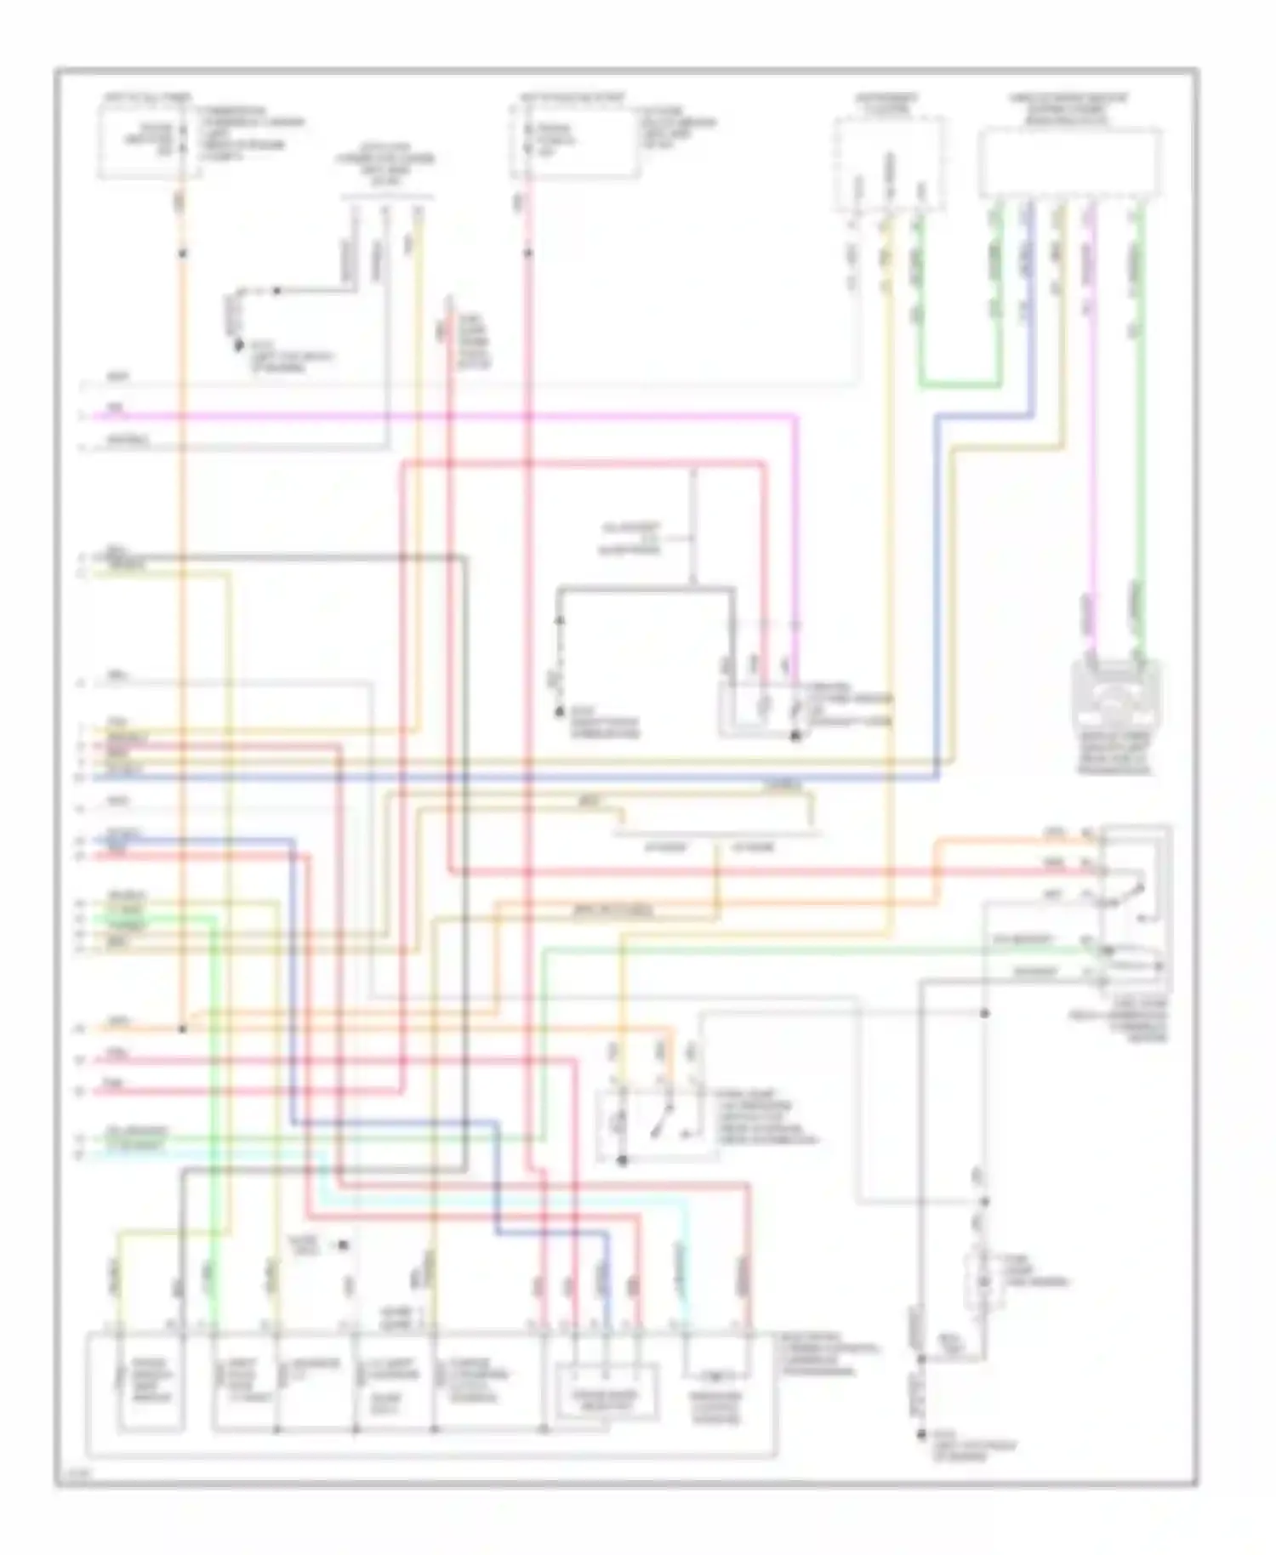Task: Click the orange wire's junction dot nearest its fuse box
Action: pyautogui.click(x=181, y=253)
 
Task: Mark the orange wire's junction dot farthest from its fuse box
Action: pyautogui.click(x=181, y=1028)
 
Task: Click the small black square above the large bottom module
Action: pyautogui.click(x=344, y=1245)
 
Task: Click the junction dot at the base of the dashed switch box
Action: pyautogui.click(x=622, y=1160)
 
